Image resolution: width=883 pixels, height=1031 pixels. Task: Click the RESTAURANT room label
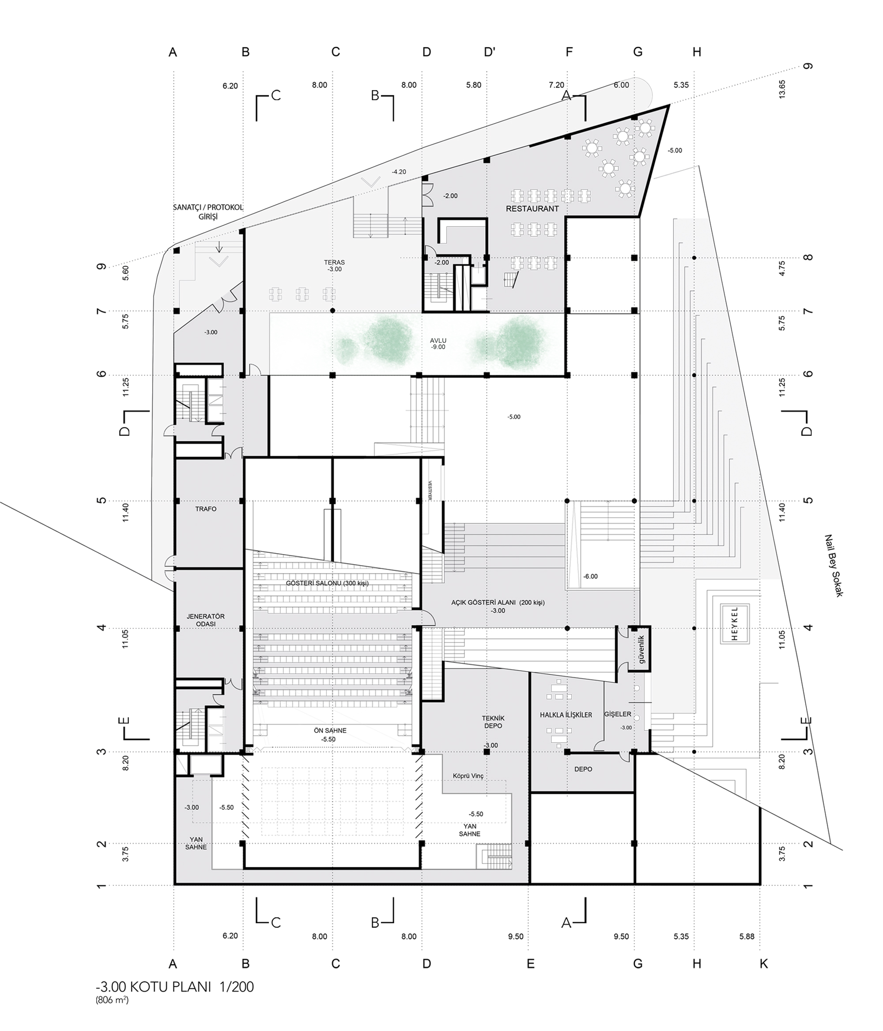click(532, 208)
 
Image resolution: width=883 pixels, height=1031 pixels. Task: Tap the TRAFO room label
click(206, 509)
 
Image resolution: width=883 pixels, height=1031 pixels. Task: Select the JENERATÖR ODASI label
click(205, 620)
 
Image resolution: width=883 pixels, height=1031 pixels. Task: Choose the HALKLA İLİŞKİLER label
click(566, 714)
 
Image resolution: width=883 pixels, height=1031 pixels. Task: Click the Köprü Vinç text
click(468, 776)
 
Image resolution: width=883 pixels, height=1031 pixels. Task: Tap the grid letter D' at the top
click(490, 52)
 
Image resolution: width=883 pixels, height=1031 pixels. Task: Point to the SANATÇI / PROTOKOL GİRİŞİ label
click(208, 212)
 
